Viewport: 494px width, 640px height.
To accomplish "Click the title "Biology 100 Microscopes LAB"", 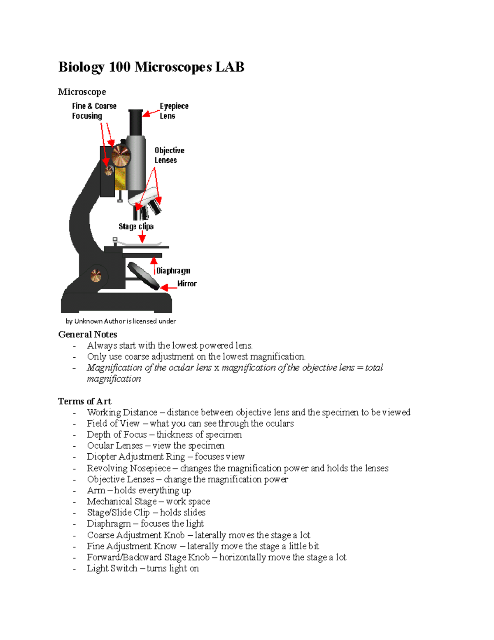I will (151, 67).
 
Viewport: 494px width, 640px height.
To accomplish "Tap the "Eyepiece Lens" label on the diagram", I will (174, 111).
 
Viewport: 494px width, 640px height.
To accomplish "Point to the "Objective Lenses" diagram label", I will (169, 155).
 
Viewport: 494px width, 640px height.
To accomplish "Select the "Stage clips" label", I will (136, 226).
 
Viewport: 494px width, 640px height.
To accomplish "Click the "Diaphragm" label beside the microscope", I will (173, 271).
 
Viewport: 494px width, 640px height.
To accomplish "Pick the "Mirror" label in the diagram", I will (187, 284).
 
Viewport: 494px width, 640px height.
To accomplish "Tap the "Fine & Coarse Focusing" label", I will (94, 111).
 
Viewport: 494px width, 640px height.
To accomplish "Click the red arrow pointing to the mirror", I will (168, 288).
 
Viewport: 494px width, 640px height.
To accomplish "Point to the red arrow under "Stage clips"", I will (142, 237).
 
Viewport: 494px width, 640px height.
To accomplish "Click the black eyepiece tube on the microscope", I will (135, 122).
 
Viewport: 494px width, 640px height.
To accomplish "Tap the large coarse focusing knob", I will (121, 156).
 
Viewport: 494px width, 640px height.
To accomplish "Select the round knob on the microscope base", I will (96, 275).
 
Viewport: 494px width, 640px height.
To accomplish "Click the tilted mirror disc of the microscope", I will (143, 276).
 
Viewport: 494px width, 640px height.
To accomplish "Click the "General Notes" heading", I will (88, 334).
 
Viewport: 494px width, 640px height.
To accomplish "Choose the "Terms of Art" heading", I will (84, 401).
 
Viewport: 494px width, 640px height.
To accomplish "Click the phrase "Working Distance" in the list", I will (122, 413).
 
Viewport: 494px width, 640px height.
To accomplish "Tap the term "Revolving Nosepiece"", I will (128, 468).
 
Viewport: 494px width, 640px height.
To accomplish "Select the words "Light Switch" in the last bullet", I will (112, 569).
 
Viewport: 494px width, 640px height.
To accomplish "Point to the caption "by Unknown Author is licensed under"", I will (121, 321).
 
